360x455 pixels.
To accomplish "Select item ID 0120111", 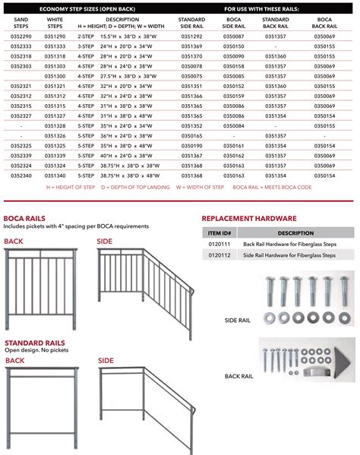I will pyautogui.click(x=219, y=245).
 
